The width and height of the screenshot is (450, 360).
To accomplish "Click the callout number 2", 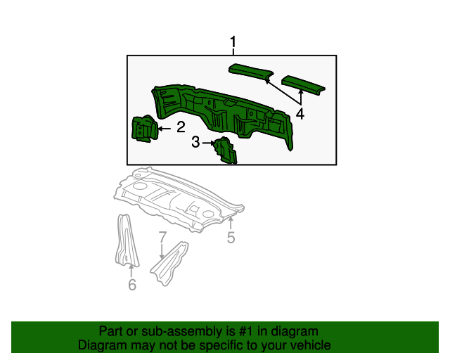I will click(x=181, y=127).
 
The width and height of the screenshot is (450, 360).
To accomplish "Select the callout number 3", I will click(x=196, y=143).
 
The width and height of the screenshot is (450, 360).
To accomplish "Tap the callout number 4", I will click(x=300, y=113).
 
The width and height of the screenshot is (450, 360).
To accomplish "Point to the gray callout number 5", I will click(x=231, y=238).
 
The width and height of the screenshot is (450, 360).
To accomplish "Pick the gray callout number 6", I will click(x=131, y=284).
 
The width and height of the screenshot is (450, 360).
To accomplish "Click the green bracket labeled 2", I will click(x=145, y=129).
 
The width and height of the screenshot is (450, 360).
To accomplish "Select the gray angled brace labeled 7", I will click(x=171, y=264).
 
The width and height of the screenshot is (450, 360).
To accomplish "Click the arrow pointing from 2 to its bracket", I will click(x=165, y=128).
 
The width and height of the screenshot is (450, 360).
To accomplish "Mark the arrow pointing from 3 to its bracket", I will click(x=210, y=143).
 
